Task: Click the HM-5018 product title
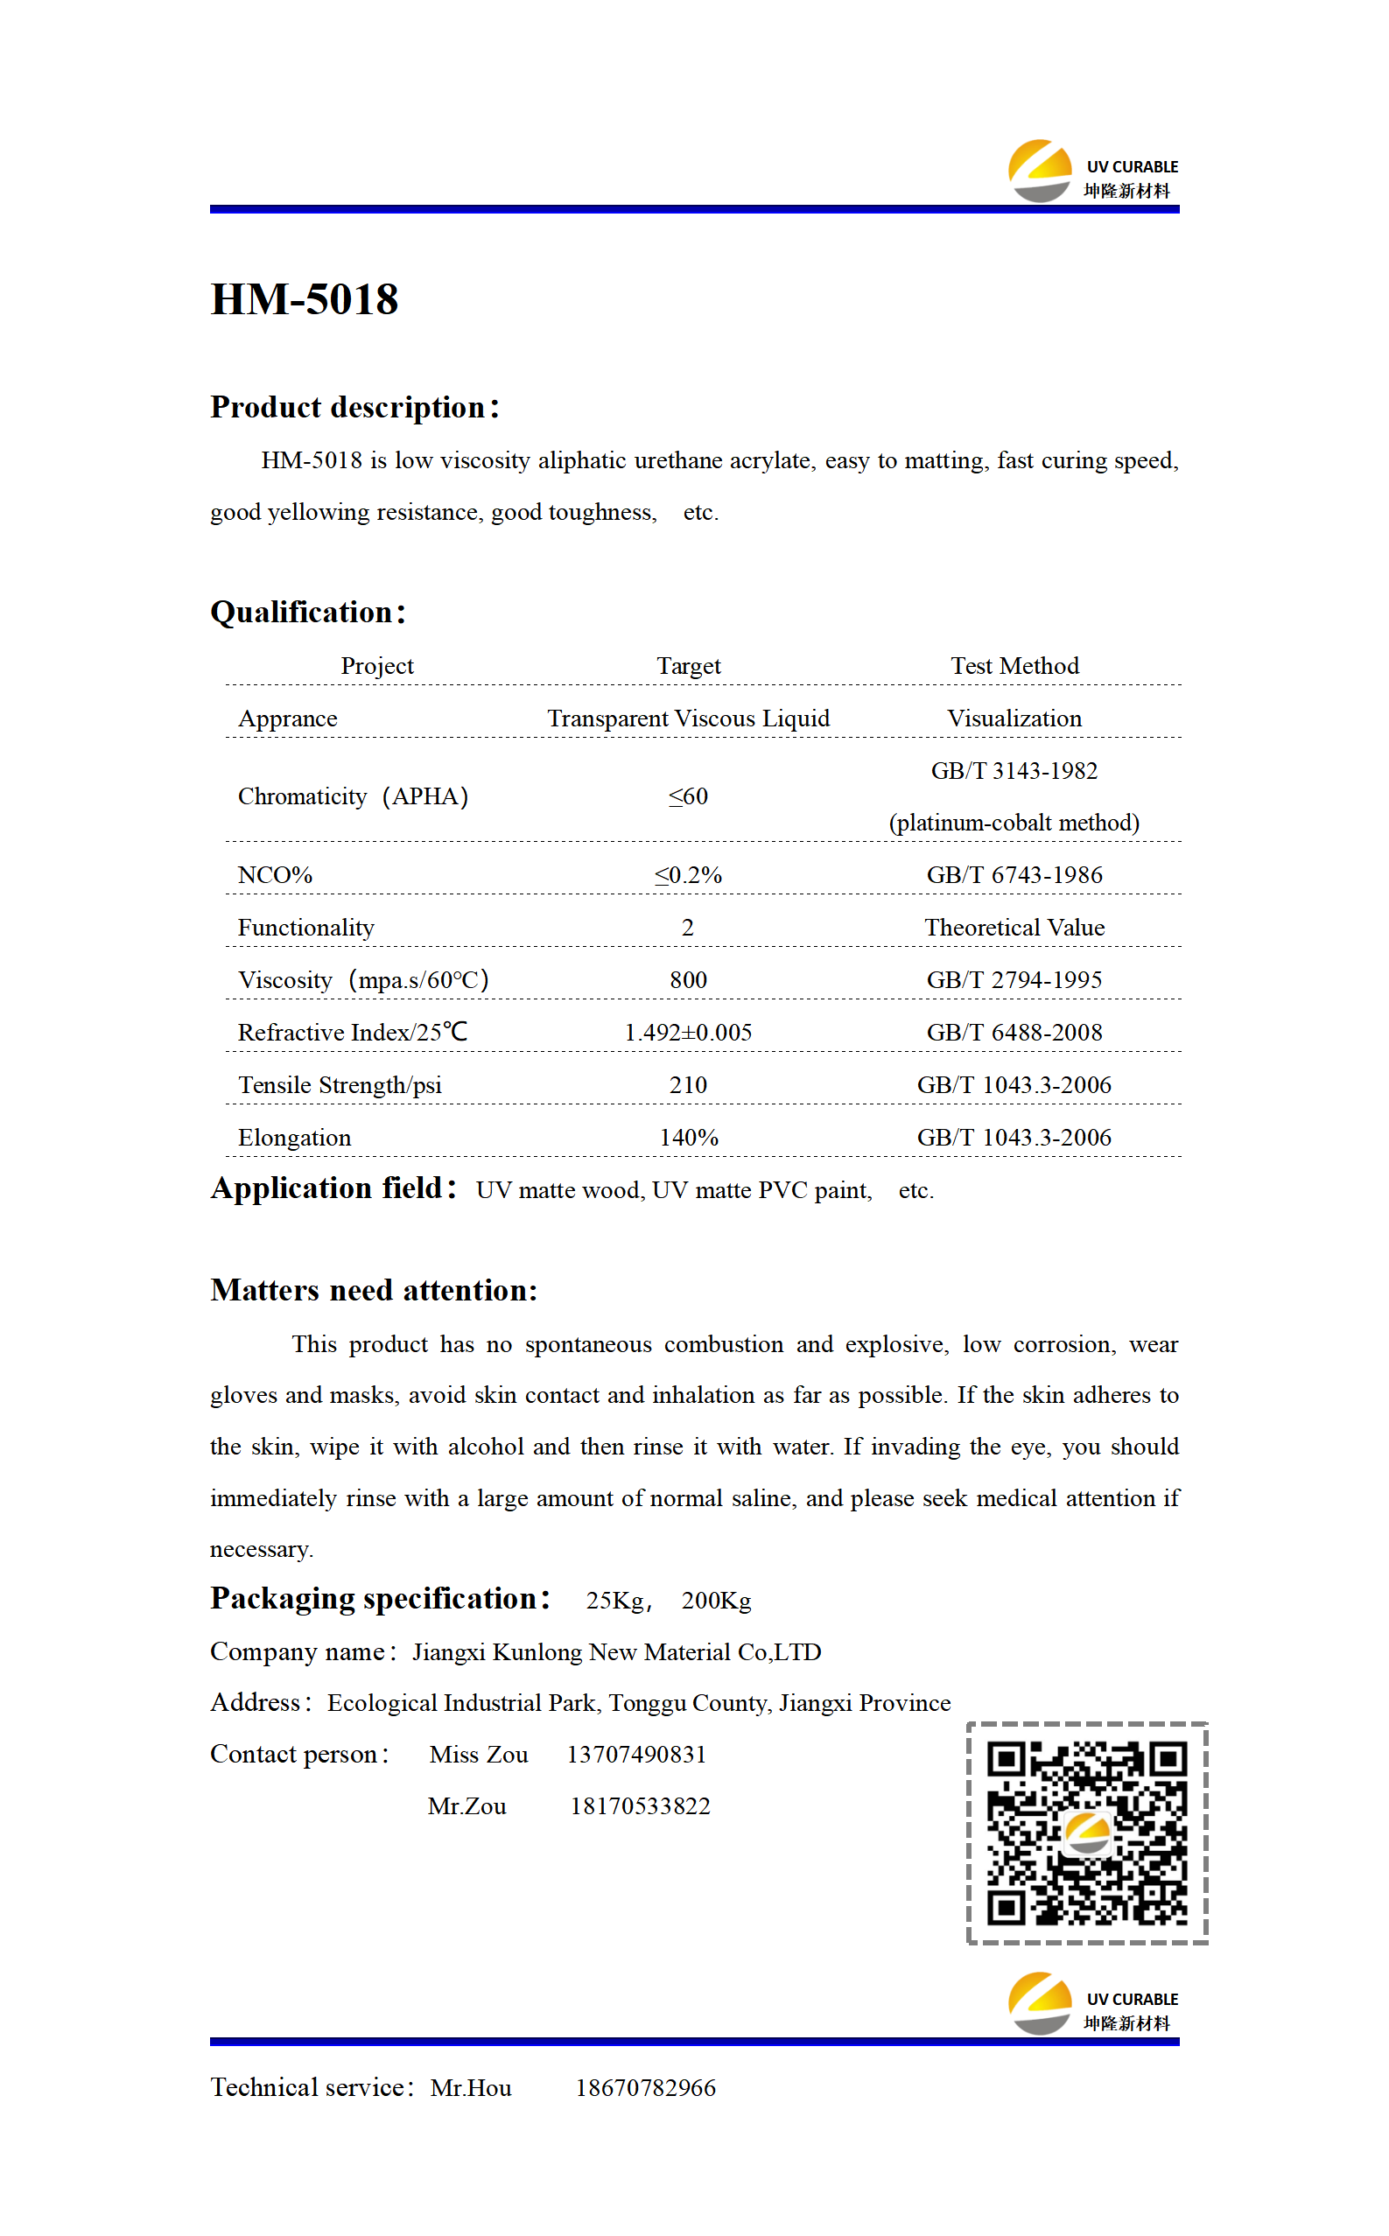coord(304,299)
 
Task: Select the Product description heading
coord(354,407)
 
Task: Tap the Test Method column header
coord(1014,666)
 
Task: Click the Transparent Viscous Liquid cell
coord(688,718)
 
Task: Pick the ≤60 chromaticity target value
coord(688,796)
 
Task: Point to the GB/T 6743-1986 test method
coord(1014,875)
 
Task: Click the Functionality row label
coord(306,928)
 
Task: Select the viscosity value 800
coord(688,980)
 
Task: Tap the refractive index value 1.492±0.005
coord(688,1032)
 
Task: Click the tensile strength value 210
coord(688,1084)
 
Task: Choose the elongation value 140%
coord(688,1138)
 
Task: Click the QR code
coord(1087,1833)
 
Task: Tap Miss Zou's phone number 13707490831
coord(636,1755)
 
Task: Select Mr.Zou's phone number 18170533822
coord(641,1806)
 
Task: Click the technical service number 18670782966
coord(646,2088)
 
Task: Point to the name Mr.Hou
coord(470,2088)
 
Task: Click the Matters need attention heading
coord(373,1290)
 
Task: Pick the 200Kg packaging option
coord(716,1601)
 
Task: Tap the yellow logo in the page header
coord(1040,170)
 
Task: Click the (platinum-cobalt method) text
coord(1014,823)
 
